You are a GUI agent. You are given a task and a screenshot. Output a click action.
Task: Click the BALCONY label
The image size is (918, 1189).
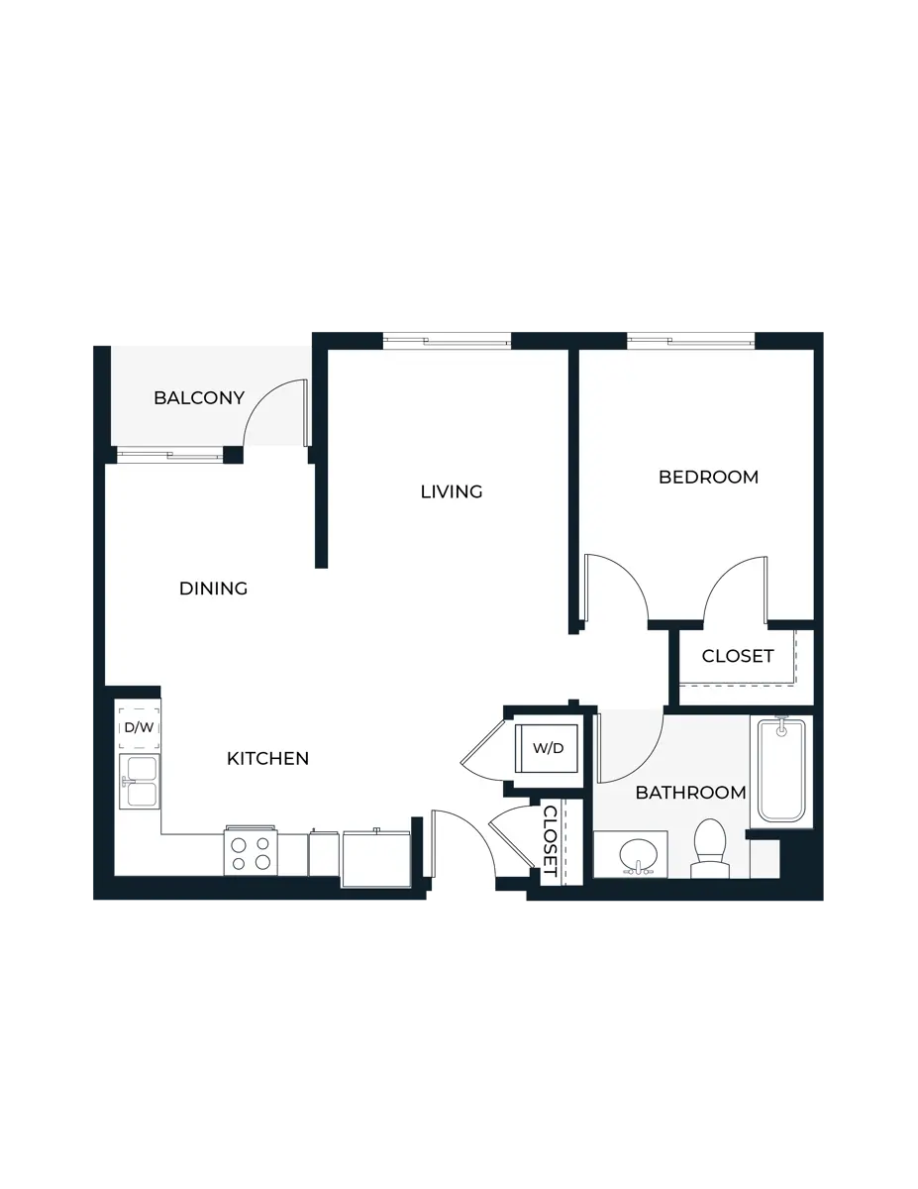[198, 398]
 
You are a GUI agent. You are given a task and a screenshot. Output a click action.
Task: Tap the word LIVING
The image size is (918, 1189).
[452, 491]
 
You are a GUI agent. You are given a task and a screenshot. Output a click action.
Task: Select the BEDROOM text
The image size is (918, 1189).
[709, 477]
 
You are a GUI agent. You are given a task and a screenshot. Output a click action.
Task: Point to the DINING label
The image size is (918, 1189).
[213, 589]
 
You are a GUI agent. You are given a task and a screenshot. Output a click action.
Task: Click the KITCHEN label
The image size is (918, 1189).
[267, 759]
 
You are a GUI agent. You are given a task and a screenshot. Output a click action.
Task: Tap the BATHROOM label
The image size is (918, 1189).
[690, 793]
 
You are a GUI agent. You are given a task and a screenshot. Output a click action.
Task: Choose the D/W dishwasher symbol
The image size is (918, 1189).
[138, 727]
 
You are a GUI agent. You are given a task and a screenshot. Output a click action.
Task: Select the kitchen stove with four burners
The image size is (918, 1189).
[250, 852]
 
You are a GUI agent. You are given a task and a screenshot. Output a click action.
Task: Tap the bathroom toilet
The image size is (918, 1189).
[709, 849]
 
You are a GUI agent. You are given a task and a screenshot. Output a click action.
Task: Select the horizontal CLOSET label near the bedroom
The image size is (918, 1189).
[737, 657]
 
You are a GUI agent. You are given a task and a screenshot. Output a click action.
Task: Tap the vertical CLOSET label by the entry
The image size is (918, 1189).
[551, 840]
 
